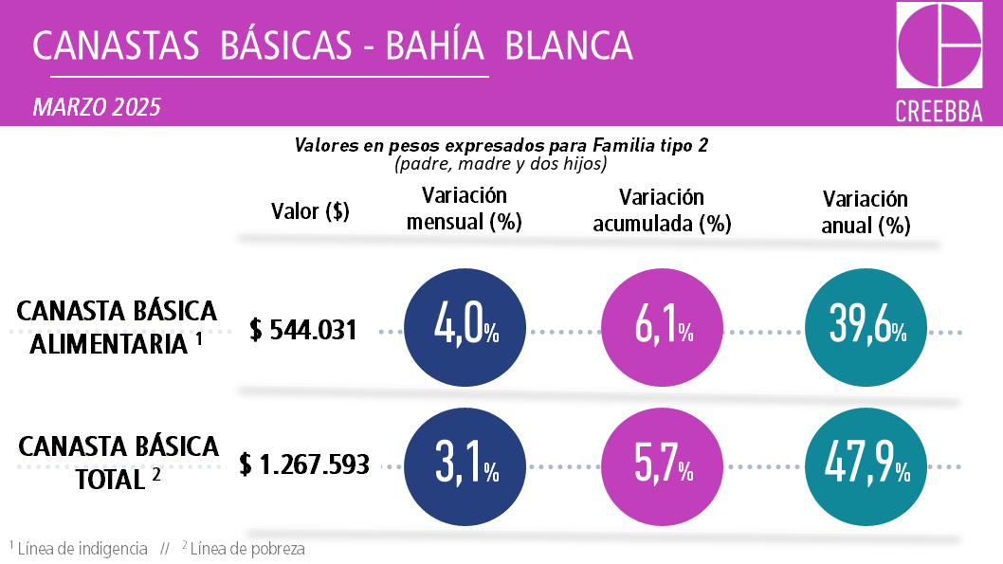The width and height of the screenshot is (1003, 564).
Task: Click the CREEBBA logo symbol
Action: point(939,45)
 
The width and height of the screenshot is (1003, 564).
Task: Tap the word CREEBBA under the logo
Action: point(939,111)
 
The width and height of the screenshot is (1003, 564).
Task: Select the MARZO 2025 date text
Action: point(97,107)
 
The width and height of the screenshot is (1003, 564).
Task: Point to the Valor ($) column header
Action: point(310,211)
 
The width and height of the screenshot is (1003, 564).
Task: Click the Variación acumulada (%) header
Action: point(662,210)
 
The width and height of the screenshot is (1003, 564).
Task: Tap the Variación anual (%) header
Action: point(866,212)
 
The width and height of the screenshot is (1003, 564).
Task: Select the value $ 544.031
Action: point(303,330)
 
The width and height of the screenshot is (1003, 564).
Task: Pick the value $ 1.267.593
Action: point(303,464)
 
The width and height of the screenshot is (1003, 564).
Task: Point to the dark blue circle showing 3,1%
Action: point(465,465)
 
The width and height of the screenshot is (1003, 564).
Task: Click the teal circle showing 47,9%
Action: point(866,465)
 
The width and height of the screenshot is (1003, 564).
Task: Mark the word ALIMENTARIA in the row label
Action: point(109,344)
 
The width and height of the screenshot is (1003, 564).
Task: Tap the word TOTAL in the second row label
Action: point(109,479)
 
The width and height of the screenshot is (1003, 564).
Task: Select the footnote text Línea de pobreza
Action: point(247,549)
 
